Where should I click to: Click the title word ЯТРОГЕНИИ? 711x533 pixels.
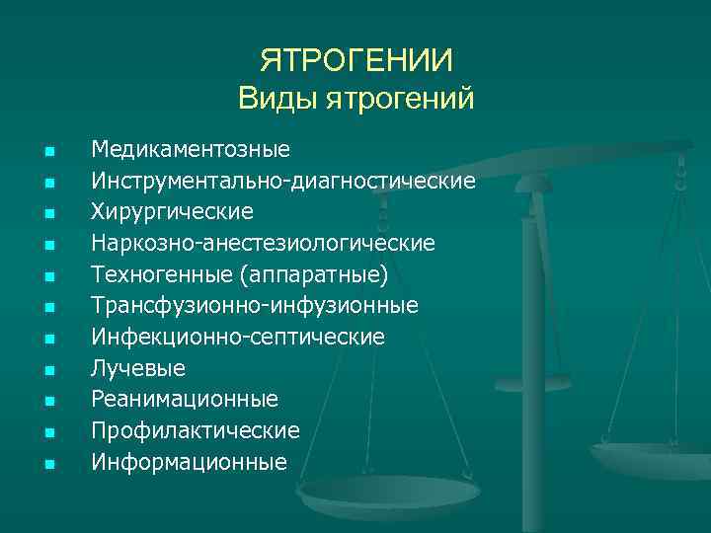tap(356, 61)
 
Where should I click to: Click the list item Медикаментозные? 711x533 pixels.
tap(191, 150)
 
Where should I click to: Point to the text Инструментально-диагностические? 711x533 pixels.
tap(283, 181)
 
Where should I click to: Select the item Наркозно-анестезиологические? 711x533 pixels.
tap(263, 243)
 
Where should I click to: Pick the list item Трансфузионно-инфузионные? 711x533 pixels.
tap(255, 305)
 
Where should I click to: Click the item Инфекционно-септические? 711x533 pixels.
tap(238, 337)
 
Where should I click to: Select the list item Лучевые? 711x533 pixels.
tap(138, 368)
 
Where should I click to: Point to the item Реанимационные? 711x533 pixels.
tap(185, 399)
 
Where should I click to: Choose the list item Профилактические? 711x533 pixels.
tap(196, 430)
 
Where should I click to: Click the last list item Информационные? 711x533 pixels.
tap(190, 461)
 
